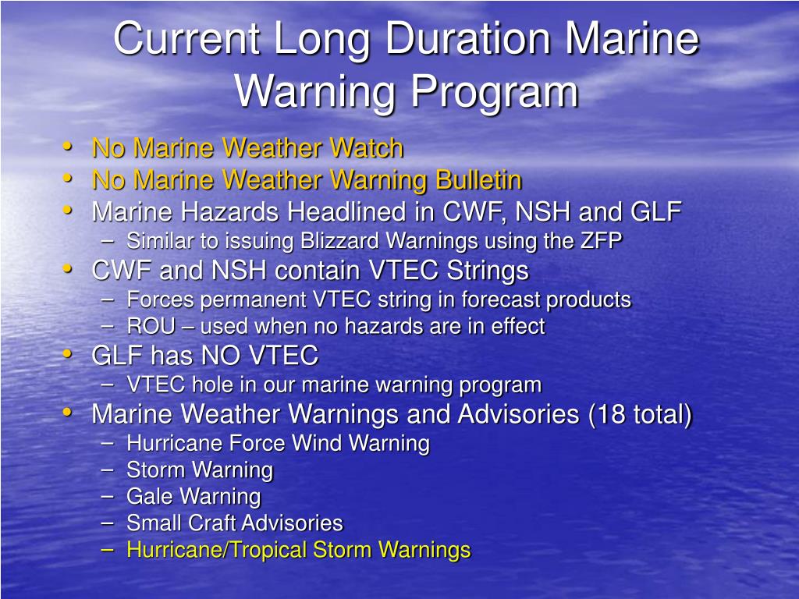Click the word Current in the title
[x=186, y=39]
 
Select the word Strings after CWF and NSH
[x=488, y=271]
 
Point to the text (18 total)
[x=640, y=414]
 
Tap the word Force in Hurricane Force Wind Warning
[x=257, y=444]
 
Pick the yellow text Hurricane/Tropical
[x=217, y=550]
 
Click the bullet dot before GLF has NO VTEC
[x=68, y=354]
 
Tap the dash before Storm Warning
[x=108, y=470]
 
